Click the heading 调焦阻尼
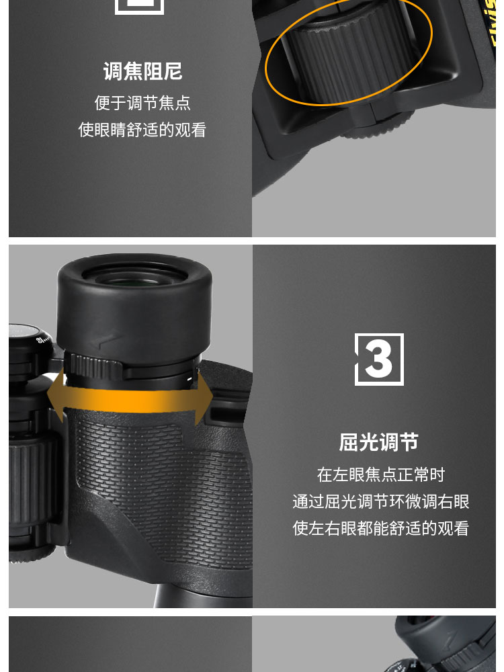click(142, 72)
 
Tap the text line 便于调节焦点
click(142, 103)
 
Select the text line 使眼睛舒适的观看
click(142, 130)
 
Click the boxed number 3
click(379, 360)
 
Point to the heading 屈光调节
click(379, 442)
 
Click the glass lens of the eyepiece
click(134, 276)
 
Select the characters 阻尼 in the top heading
click(163, 72)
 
